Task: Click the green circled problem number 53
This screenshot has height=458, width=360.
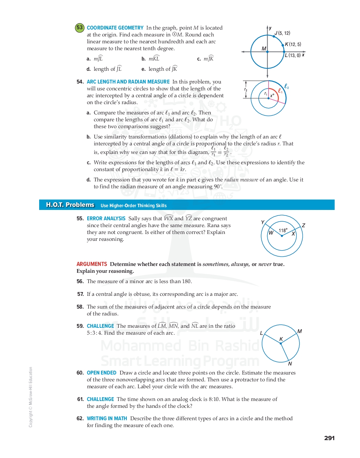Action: tap(80, 27)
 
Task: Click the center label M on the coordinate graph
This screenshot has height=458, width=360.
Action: tap(264, 48)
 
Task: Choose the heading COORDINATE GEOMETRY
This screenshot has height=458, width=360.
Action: tap(115, 28)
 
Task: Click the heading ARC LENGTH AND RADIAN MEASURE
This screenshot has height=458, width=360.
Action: tap(128, 82)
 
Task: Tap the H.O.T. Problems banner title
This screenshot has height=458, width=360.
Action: tap(70, 205)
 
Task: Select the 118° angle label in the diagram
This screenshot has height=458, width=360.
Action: tap(283, 231)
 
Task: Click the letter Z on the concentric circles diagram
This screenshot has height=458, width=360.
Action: tap(303, 225)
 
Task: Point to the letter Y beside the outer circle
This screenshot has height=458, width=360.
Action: tap(263, 222)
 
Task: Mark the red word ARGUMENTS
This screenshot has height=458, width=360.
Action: tap(92, 264)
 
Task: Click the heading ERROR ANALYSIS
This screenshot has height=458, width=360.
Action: tap(106, 219)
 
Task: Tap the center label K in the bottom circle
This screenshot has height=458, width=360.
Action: tap(281, 339)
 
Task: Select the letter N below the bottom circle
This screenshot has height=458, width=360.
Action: tap(290, 364)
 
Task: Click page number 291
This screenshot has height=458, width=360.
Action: tap(329, 438)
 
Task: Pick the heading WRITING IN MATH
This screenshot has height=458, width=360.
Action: tap(107, 418)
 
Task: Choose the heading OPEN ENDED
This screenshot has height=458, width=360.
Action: tap(102, 373)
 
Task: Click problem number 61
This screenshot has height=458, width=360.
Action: tap(80, 399)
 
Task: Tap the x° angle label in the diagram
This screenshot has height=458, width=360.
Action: tap(272, 96)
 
